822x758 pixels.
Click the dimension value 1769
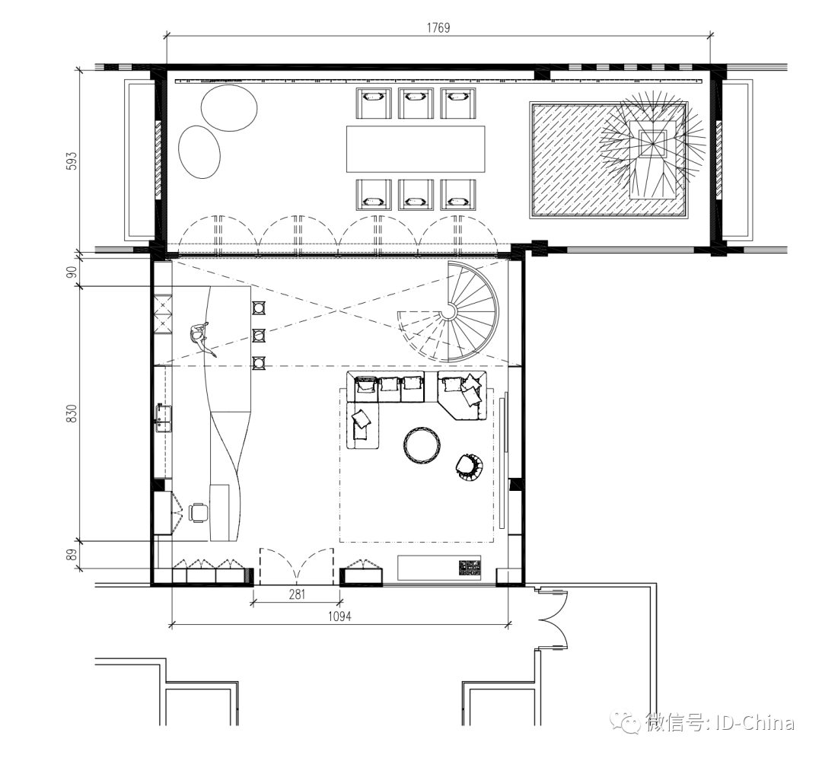click(438, 27)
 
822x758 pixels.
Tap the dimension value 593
click(71, 161)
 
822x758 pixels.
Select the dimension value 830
click(71, 413)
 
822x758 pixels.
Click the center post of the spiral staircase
click(449, 311)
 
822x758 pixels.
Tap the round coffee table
click(422, 444)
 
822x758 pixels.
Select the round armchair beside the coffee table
click(470, 467)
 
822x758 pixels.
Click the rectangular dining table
click(416, 148)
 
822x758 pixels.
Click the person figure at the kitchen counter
click(201, 337)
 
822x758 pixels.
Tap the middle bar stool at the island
click(259, 334)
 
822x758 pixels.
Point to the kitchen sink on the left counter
click(163, 417)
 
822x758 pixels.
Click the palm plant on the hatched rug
click(652, 141)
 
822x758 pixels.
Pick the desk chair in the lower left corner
click(199, 512)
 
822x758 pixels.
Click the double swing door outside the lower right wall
click(552, 618)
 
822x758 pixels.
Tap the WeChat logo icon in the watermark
click(629, 721)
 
